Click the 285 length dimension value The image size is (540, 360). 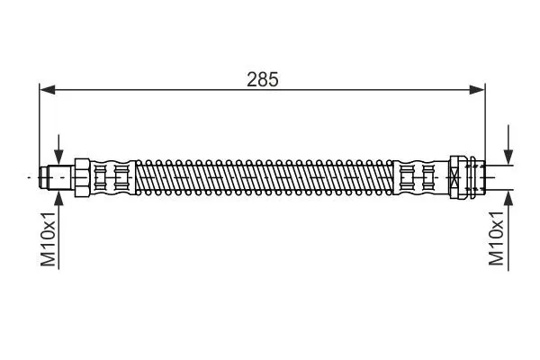click(263, 79)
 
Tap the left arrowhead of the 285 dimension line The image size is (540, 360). click(47, 90)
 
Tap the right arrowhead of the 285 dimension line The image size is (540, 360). click(477, 90)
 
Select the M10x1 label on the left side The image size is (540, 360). click(48, 239)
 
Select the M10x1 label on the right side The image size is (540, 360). click(496, 238)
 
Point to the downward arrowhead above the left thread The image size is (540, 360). click(58, 157)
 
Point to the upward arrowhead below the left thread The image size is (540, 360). click(58, 198)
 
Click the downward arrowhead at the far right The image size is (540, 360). click(508, 157)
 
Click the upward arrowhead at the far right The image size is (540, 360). click(508, 198)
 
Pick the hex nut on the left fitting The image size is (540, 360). click(82, 177)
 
